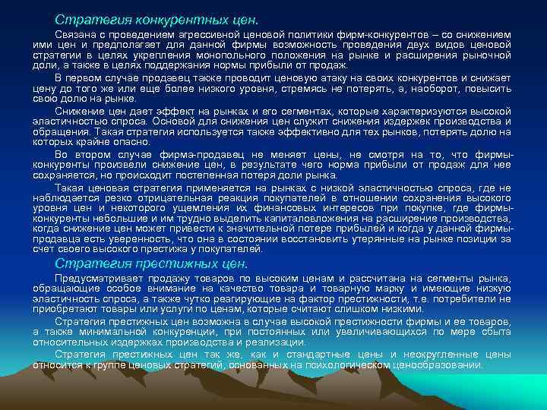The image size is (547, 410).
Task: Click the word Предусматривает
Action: click(x=96, y=279)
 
